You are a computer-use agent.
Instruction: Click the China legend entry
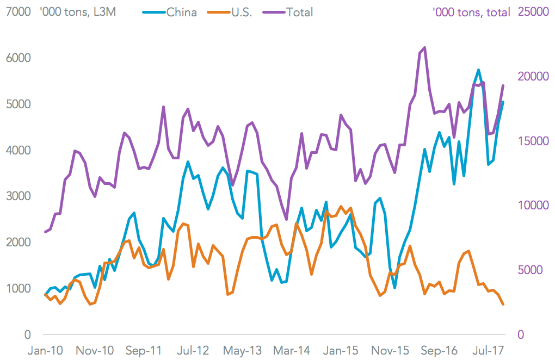pos(181,12)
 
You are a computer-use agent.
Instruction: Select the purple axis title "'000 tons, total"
pos(471,12)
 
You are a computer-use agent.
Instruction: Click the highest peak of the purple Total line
pos(424,48)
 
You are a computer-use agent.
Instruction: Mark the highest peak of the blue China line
pos(478,70)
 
